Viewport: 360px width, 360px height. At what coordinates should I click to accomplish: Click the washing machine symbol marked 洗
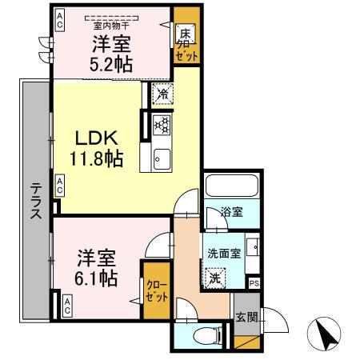[x=215, y=278]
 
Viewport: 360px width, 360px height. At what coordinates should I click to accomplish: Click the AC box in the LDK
[x=60, y=186]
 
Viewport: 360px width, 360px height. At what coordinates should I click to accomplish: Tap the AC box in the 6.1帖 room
[x=67, y=305]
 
